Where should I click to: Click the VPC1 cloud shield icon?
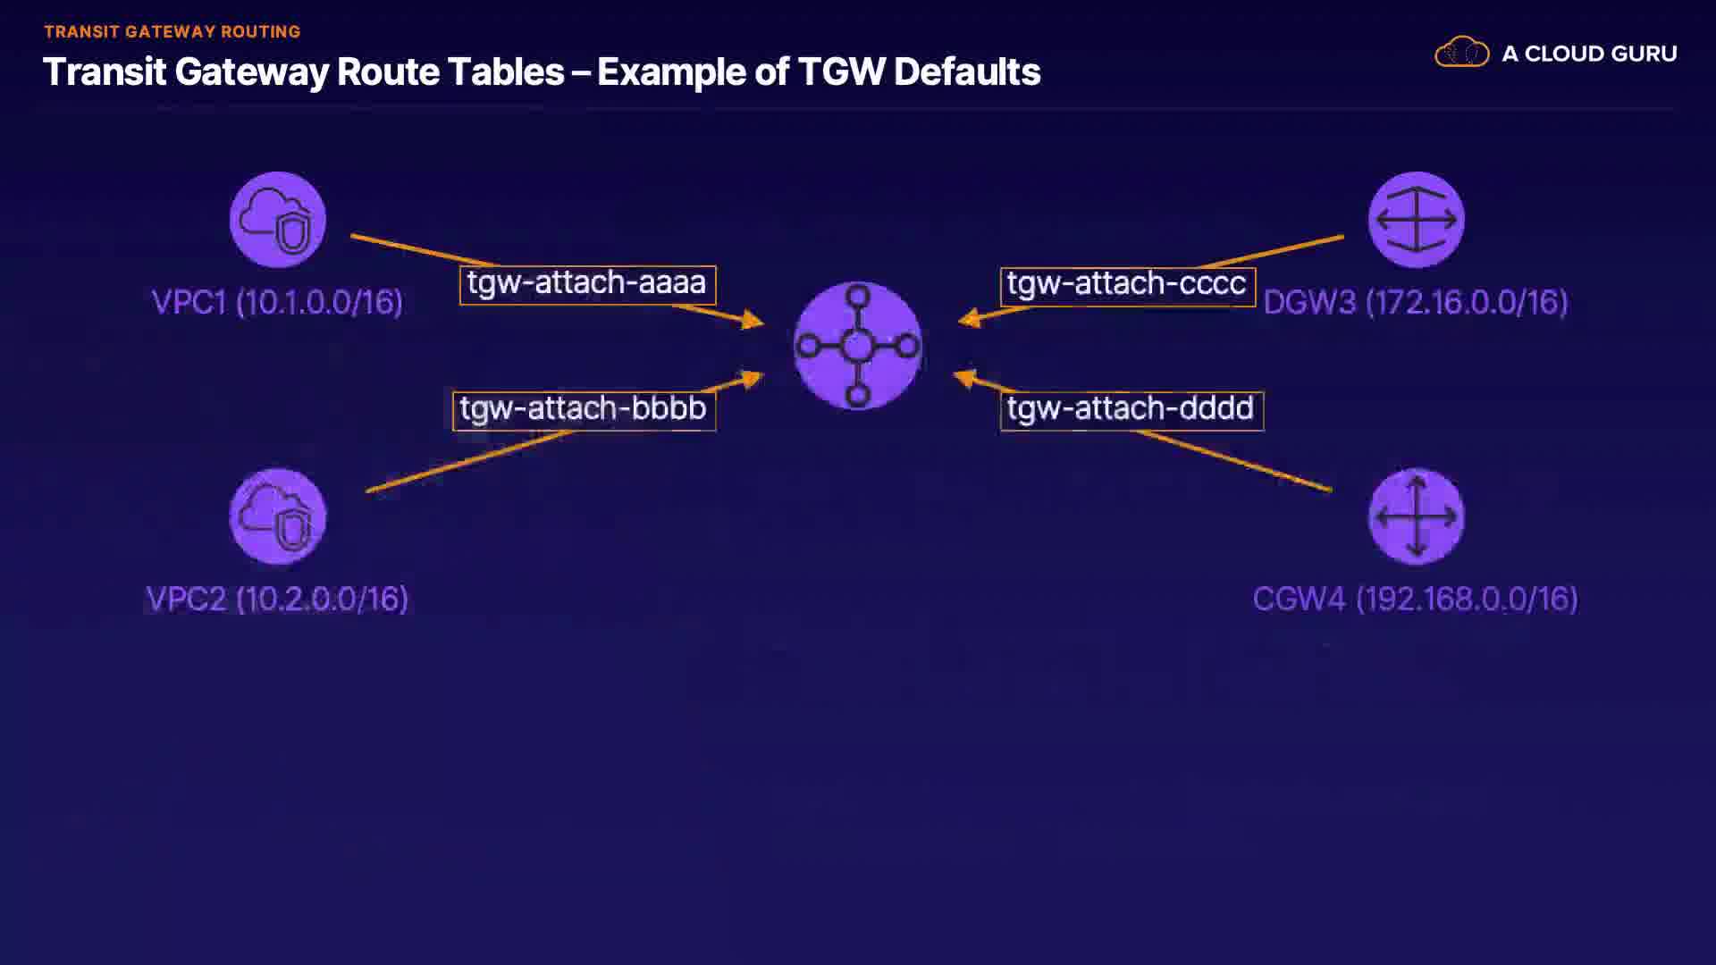277,220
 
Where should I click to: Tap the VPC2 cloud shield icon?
277,516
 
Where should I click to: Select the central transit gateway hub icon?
857,346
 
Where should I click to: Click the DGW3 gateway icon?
1416,220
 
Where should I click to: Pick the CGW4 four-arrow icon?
1416,516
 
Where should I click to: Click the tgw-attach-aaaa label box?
587,285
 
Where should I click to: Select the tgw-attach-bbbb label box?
584,411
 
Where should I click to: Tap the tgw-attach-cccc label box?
1127,286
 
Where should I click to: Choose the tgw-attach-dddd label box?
1131,411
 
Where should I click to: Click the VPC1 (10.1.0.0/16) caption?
277,302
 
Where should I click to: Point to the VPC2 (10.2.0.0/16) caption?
277,599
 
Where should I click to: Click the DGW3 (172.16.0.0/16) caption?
1416,302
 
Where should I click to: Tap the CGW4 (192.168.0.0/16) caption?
1416,599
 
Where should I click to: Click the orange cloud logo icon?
1461,53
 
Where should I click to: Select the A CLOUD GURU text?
1589,54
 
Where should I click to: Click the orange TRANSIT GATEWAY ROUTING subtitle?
172,32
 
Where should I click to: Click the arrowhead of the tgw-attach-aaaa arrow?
753,320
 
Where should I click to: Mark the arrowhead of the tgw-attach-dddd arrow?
963,378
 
